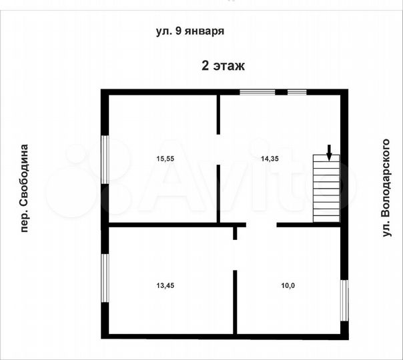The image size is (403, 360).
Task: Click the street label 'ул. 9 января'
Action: (x=189, y=31)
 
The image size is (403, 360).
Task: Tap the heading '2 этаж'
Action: (x=224, y=65)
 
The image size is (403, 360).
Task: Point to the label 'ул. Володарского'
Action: (x=384, y=188)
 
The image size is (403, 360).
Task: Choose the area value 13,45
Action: (x=165, y=285)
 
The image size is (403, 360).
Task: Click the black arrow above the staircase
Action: (x=328, y=151)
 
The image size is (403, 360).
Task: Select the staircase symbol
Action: (x=326, y=189)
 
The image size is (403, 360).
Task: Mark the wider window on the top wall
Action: (x=257, y=92)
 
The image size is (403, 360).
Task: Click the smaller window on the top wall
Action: (x=296, y=92)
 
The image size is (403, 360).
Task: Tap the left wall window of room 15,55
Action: (x=105, y=159)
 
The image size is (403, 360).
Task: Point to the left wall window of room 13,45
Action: (x=105, y=277)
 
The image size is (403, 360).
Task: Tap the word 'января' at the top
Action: (x=203, y=31)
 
